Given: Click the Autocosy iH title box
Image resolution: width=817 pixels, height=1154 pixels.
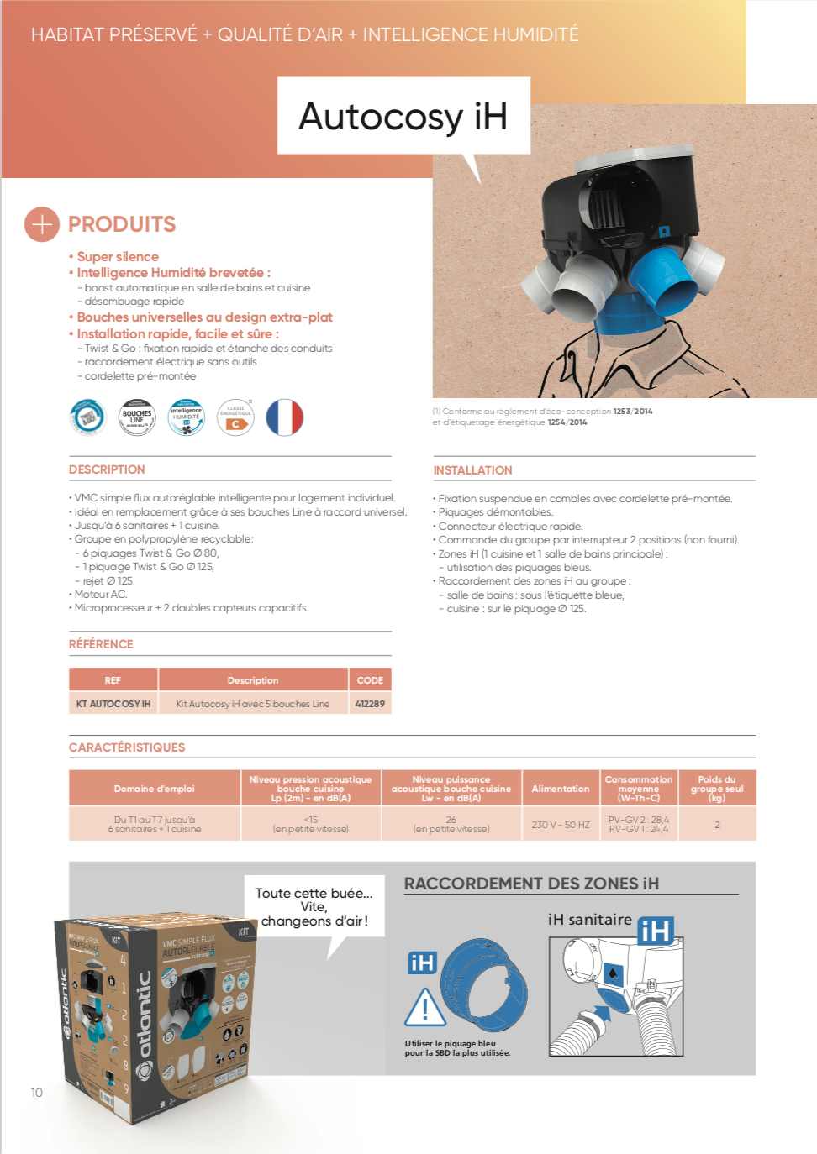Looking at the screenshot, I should point(403,116).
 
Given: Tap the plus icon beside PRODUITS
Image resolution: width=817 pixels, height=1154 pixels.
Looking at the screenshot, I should point(42,224).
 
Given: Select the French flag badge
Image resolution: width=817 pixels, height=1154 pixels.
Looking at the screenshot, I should point(284,417).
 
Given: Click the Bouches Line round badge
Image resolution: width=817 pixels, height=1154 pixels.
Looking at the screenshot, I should point(137,417).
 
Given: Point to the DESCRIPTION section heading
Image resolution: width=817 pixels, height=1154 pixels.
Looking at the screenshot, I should point(107,469).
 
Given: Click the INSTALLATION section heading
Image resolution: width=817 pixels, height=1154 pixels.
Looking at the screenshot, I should point(472,470).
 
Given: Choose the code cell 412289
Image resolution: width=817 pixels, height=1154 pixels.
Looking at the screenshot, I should point(370,704).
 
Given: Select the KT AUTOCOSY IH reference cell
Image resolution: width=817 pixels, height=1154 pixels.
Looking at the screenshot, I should point(113,704).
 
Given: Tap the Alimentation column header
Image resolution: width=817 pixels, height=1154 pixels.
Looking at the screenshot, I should point(560,789).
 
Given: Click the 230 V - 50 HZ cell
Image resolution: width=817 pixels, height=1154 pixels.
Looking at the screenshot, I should point(560,825).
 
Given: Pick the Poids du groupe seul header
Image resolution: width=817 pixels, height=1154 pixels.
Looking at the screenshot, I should point(717,789).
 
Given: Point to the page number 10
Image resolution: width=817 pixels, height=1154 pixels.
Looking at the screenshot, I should point(37,1093).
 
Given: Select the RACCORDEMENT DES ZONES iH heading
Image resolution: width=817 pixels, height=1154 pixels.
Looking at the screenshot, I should point(531,884).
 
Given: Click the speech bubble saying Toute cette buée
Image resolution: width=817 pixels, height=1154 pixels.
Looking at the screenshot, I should point(314,907).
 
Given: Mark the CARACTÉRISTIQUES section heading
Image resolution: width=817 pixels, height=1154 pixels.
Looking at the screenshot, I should point(127,747).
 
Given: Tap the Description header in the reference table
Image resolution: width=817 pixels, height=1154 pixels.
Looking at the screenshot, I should point(252,680).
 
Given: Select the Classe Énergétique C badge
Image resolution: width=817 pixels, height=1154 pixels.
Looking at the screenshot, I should point(236,417).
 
